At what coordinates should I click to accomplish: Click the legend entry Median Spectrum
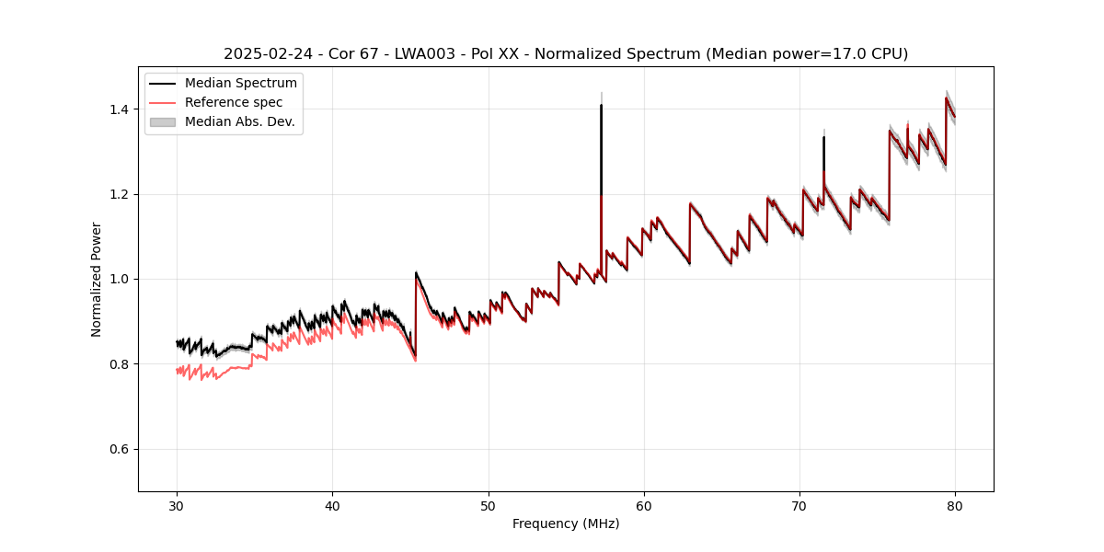click(240, 83)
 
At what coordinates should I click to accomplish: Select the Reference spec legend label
click(234, 102)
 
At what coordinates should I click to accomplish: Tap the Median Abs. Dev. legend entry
click(239, 121)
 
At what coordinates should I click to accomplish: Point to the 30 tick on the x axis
click(178, 505)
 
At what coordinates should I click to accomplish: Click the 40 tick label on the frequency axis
click(333, 505)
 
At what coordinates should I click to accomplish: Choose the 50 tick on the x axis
click(489, 505)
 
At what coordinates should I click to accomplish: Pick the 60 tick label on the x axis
click(644, 505)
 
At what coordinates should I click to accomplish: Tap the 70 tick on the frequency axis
click(799, 505)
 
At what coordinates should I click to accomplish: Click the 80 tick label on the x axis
click(955, 505)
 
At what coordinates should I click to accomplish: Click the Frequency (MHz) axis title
click(566, 523)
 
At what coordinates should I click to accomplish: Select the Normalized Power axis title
click(97, 279)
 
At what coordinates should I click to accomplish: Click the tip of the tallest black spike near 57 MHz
click(601, 105)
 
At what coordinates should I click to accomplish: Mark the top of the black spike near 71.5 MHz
click(823, 137)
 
